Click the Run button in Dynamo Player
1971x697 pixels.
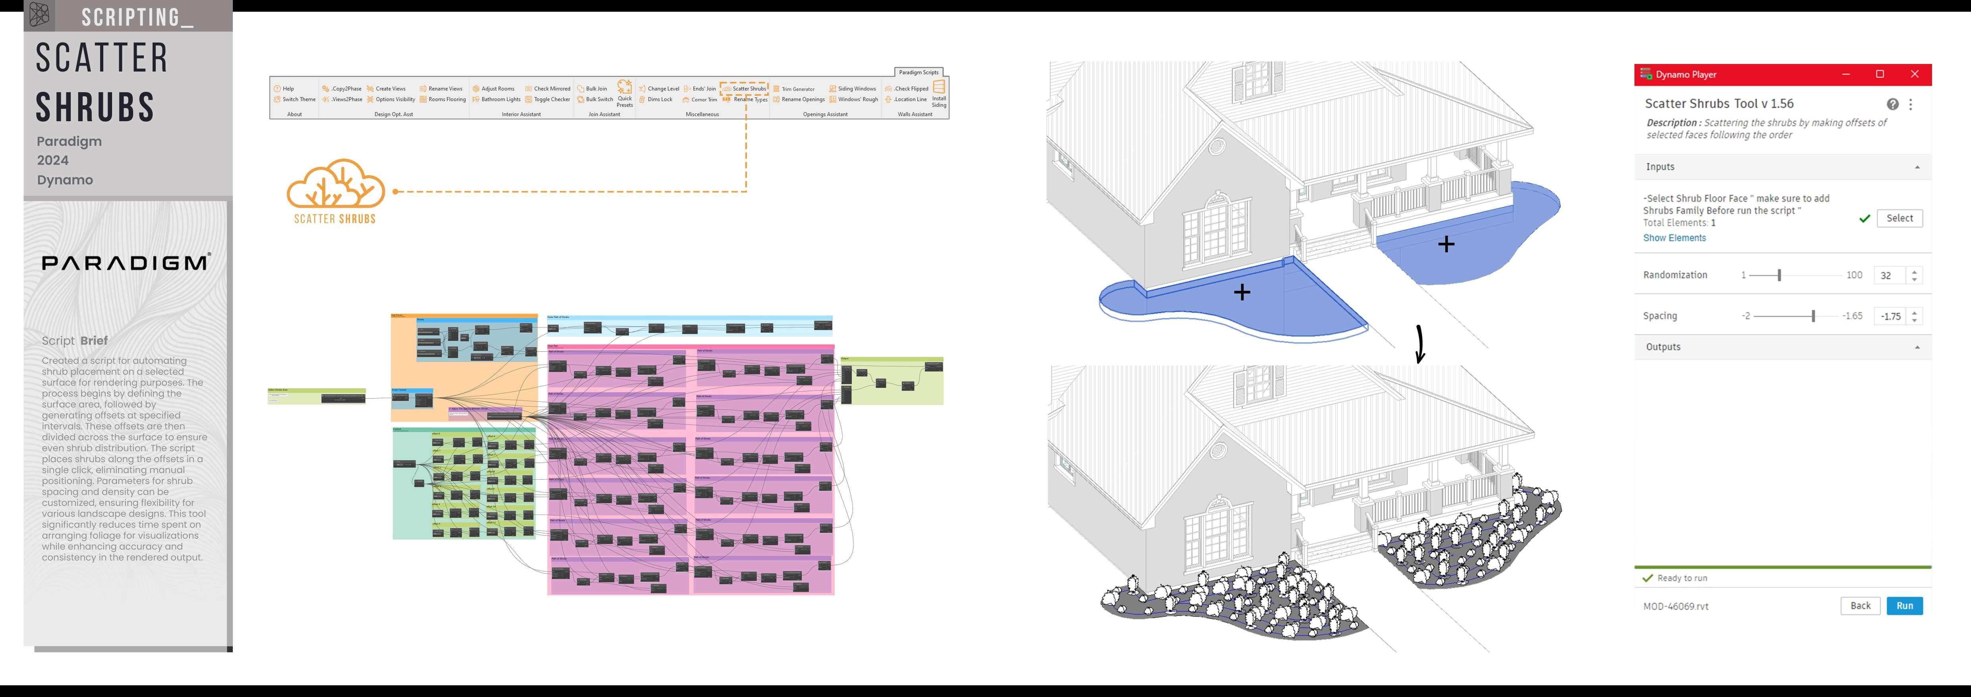click(x=1904, y=606)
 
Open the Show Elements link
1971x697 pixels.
click(x=1674, y=238)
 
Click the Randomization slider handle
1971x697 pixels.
click(x=1779, y=275)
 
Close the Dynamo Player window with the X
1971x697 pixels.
click(x=1914, y=74)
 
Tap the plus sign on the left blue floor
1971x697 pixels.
click(x=1242, y=292)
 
